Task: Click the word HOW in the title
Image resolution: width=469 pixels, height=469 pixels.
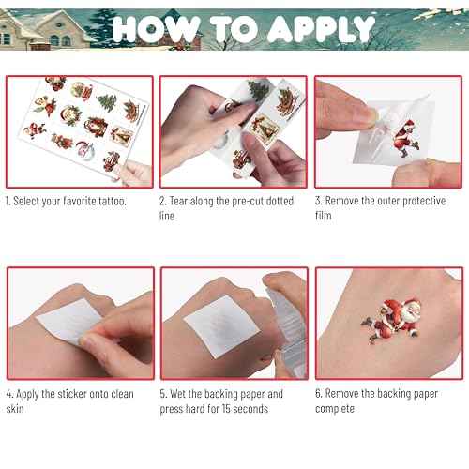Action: (155, 29)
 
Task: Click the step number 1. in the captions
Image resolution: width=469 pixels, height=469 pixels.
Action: (9, 202)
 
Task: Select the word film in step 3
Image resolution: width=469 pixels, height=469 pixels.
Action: (325, 217)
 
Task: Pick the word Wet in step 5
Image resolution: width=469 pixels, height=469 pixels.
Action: (182, 394)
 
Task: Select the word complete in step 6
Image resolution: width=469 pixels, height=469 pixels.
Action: (336, 409)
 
